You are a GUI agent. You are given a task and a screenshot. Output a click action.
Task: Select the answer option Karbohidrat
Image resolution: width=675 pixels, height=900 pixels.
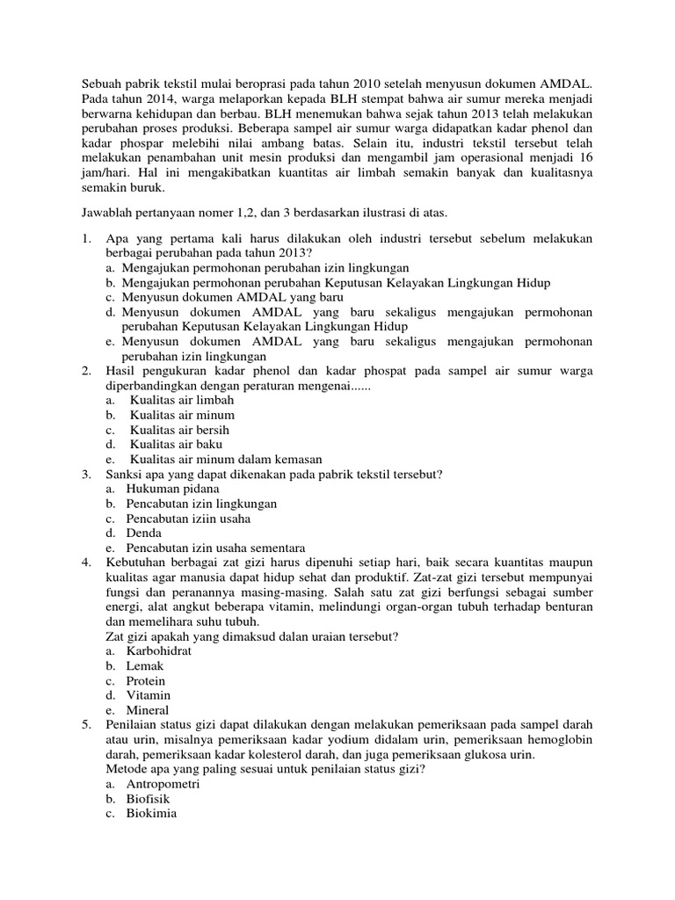click(159, 651)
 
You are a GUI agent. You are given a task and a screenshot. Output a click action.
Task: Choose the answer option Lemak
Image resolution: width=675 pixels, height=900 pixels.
click(145, 666)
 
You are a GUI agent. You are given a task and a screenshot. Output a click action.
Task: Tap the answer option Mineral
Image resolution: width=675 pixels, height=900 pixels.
click(148, 710)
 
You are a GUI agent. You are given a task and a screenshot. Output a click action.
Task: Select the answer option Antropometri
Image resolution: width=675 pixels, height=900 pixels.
click(163, 784)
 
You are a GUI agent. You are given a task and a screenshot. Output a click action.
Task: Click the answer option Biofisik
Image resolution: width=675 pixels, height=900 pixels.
click(149, 799)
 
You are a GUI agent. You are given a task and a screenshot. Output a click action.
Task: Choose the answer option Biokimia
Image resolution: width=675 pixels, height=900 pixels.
click(151, 814)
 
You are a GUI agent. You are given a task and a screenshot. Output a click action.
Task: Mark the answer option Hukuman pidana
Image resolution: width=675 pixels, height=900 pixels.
click(172, 489)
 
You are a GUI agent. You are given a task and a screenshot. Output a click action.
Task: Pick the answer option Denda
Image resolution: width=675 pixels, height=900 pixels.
click(143, 533)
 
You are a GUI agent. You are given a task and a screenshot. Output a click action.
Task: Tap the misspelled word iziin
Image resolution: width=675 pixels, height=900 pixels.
click(203, 519)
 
